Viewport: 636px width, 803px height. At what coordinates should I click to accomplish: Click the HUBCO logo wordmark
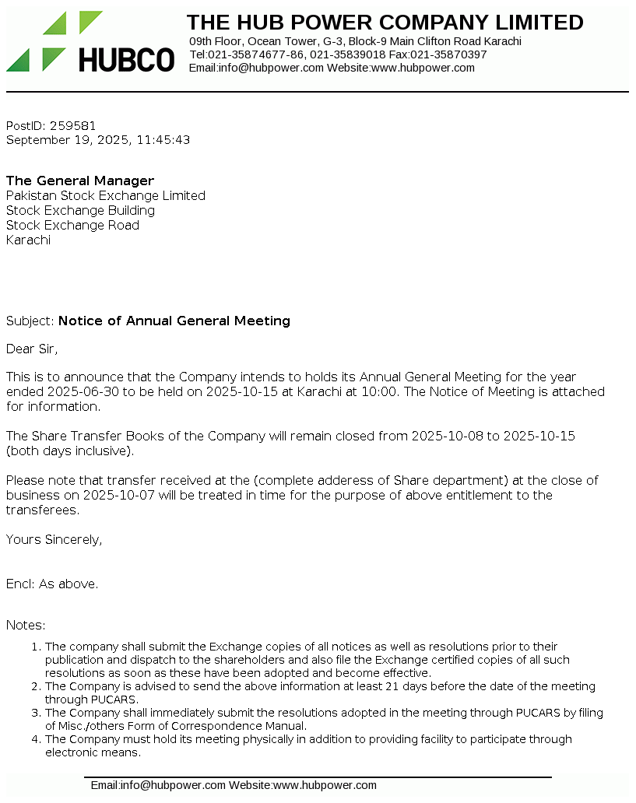click(x=126, y=60)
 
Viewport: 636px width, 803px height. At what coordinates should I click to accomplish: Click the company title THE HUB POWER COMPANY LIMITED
click(x=385, y=23)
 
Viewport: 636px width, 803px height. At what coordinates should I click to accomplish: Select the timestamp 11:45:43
click(x=163, y=140)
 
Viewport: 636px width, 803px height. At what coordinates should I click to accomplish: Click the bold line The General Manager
click(x=80, y=181)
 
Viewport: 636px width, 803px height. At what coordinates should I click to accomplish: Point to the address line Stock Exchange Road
click(x=72, y=225)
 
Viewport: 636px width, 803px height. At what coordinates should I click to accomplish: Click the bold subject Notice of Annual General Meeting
click(x=174, y=321)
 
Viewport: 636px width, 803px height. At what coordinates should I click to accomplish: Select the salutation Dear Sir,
click(x=32, y=349)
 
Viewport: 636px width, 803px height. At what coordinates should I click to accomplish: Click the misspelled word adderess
click(x=350, y=480)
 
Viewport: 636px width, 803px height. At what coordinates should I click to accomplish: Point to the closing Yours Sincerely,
click(x=54, y=539)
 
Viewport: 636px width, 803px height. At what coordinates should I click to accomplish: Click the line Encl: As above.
click(x=52, y=584)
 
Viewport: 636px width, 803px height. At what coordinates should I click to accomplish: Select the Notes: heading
click(x=26, y=625)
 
